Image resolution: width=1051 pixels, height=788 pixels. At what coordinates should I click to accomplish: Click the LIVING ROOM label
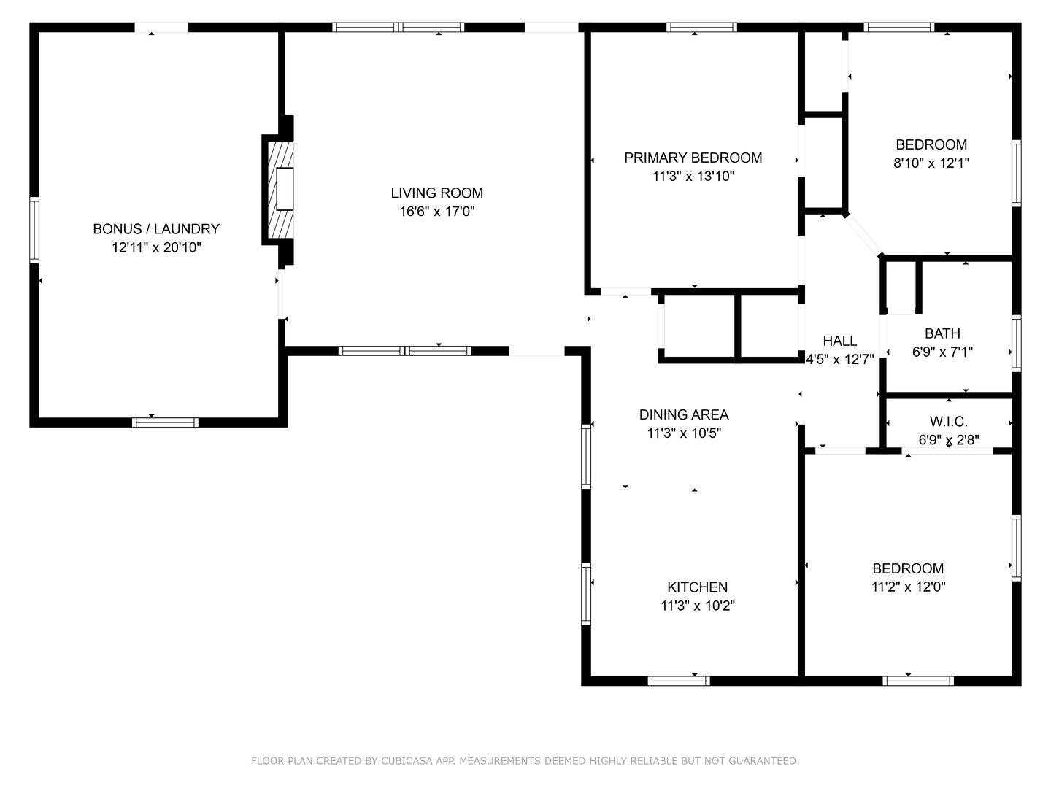(436, 193)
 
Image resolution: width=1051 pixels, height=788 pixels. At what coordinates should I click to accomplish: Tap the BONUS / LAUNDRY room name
(156, 228)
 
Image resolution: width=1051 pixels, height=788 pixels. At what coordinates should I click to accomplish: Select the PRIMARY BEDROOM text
(693, 158)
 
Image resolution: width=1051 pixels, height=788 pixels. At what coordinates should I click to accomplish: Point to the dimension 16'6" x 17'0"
(436, 211)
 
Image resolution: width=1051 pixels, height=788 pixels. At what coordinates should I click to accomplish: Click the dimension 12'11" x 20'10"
(156, 247)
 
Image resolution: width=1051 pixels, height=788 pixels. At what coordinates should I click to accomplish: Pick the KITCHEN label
(697, 587)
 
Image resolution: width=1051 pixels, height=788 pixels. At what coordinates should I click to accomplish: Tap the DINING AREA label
(684, 414)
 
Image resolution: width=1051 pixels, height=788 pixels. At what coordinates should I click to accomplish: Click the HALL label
(840, 341)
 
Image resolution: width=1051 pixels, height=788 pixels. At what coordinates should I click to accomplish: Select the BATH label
(942, 333)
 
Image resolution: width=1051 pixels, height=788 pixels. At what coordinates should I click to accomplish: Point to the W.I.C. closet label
(949, 422)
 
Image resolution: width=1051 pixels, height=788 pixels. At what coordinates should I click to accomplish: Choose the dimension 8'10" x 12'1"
(931, 163)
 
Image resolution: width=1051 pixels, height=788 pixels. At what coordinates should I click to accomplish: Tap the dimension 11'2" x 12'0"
(909, 587)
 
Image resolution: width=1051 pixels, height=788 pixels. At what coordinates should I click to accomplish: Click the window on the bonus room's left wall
(34, 230)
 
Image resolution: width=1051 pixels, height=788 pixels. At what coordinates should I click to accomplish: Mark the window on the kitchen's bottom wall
(679, 681)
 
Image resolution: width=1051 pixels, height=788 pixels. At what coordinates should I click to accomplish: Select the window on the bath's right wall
(1016, 343)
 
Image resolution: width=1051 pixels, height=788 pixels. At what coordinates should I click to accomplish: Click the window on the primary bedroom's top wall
(701, 27)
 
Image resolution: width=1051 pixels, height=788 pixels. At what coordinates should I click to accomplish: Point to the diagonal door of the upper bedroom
(863, 236)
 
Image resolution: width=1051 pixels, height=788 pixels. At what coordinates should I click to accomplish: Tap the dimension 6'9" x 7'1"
(942, 352)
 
